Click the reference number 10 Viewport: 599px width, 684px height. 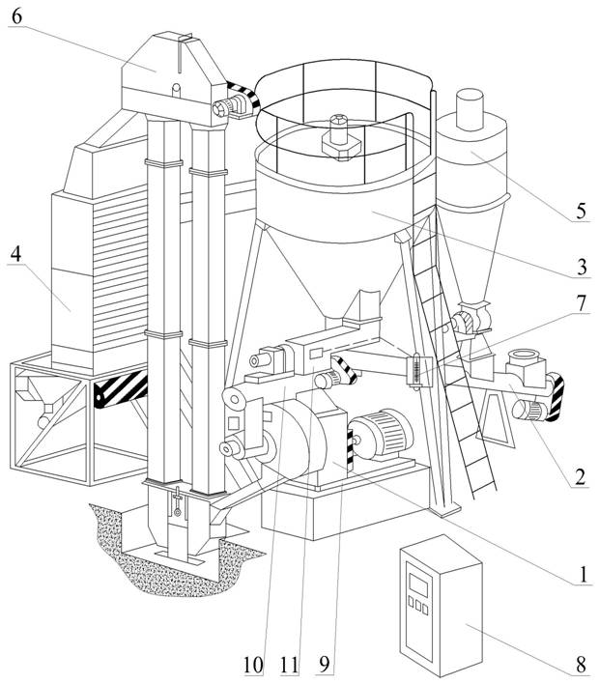(252, 665)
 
